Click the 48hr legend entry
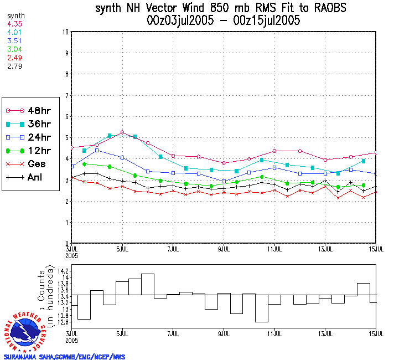[x=25, y=111]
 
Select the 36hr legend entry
[x=25, y=124]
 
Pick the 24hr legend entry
[x=25, y=137]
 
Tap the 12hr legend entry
[x=25, y=151]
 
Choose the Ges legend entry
[x=25, y=164]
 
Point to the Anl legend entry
[x=25, y=178]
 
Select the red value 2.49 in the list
[x=14, y=58]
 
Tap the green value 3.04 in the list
[x=14, y=50]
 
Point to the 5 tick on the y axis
[x=66, y=138]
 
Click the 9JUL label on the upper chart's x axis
[x=224, y=249]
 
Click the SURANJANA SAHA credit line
[x=64, y=357]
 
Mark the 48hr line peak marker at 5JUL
[x=122, y=132]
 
